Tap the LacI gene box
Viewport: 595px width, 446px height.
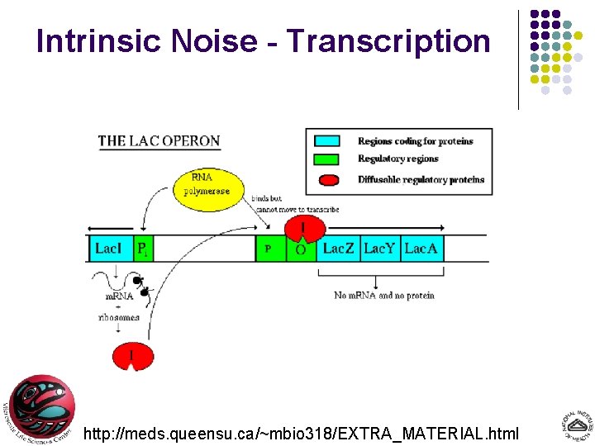[110, 249]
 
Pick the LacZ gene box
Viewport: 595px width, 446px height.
[338, 249]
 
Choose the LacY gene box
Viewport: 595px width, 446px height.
[380, 249]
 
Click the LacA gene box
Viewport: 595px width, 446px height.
[422, 249]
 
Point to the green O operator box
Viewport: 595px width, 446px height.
[301, 249]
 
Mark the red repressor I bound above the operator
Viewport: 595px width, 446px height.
[302, 227]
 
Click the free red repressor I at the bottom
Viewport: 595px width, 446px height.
[132, 356]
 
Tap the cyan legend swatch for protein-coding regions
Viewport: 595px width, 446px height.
[330, 141]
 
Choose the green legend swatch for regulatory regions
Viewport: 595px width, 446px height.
[330, 159]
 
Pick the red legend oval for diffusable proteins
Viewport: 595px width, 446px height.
[330, 179]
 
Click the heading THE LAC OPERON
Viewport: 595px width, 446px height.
[159, 140]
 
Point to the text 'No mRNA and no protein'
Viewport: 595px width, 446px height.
[383, 295]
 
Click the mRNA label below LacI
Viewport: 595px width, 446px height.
[118, 297]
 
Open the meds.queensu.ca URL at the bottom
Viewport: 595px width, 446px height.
[302, 432]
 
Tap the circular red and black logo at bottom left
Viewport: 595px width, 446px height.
[41, 409]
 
